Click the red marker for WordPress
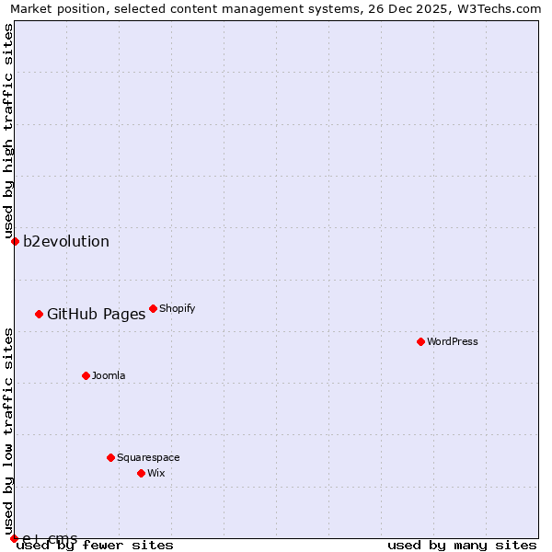click(420, 341)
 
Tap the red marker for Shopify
click(153, 308)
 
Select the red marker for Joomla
click(86, 375)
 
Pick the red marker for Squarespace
click(110, 457)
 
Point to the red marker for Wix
click(141, 473)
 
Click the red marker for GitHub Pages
click(39, 314)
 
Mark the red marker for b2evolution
click(15, 241)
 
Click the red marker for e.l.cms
click(14, 538)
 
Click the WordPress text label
click(453, 341)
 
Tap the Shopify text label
click(178, 308)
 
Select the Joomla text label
click(109, 375)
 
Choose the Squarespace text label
click(148, 457)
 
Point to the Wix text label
click(155, 473)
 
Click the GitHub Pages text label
click(96, 314)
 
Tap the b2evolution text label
click(66, 242)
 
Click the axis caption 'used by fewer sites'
click(95, 545)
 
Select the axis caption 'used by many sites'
click(462, 545)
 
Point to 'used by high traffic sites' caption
click(8, 131)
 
